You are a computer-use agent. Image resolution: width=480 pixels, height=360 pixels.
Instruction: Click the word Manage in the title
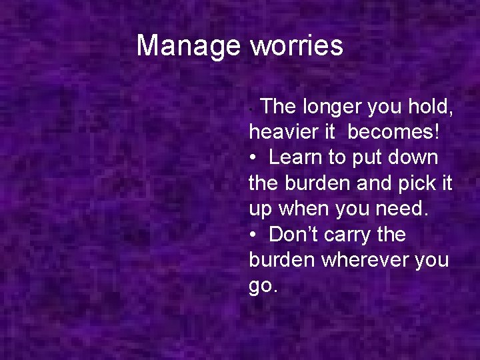188,46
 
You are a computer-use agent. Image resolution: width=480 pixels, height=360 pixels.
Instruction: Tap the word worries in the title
296,46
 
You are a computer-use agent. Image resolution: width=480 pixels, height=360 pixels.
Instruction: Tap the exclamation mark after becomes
437,131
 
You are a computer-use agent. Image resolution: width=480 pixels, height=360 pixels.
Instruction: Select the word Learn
295,157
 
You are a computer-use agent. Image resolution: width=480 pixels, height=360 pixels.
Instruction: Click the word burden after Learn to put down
308,183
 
